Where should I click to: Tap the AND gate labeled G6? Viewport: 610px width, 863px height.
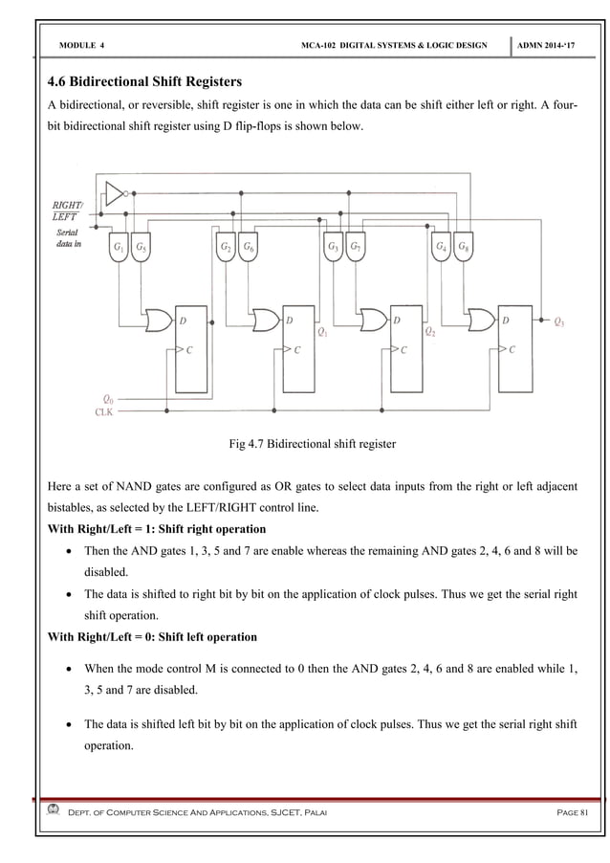[249, 247]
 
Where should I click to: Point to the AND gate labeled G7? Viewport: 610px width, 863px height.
[355, 247]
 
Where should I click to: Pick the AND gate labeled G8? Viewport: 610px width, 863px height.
[463, 247]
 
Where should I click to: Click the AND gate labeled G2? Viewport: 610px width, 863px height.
[227, 247]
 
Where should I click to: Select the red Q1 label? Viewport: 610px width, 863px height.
[323, 334]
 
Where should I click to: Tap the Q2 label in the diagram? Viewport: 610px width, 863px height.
[431, 334]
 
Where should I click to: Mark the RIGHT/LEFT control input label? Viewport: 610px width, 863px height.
[66, 210]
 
